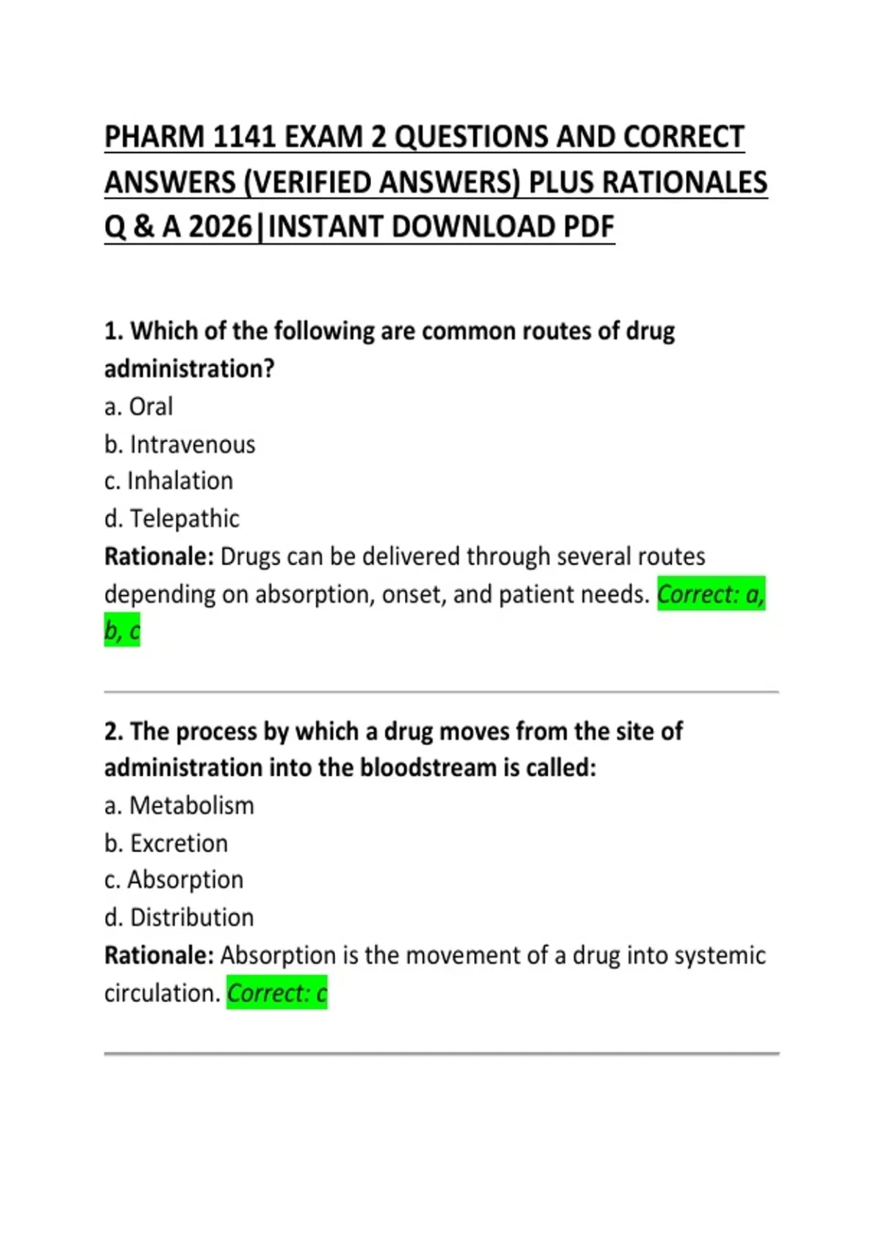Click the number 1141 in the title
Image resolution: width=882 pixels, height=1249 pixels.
244,137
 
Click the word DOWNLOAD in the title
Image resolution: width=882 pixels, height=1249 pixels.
473,227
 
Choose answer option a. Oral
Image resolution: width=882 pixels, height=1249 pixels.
139,406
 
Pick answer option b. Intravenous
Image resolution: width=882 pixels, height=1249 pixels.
180,444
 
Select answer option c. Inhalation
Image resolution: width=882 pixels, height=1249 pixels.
169,481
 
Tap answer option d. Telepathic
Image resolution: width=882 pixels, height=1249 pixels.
172,519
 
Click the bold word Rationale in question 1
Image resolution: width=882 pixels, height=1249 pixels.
158,557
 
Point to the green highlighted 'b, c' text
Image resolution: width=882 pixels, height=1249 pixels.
122,631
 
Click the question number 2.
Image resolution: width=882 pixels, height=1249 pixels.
113,732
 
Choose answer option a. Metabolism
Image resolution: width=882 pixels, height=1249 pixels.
179,806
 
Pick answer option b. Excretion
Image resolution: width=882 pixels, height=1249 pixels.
166,843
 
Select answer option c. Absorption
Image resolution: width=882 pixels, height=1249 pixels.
174,880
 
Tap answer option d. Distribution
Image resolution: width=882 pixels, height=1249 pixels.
179,918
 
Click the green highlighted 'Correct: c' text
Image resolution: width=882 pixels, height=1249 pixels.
276,993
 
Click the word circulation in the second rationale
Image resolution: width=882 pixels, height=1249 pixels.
162,993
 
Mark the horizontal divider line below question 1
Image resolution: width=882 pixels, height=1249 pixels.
441,692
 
